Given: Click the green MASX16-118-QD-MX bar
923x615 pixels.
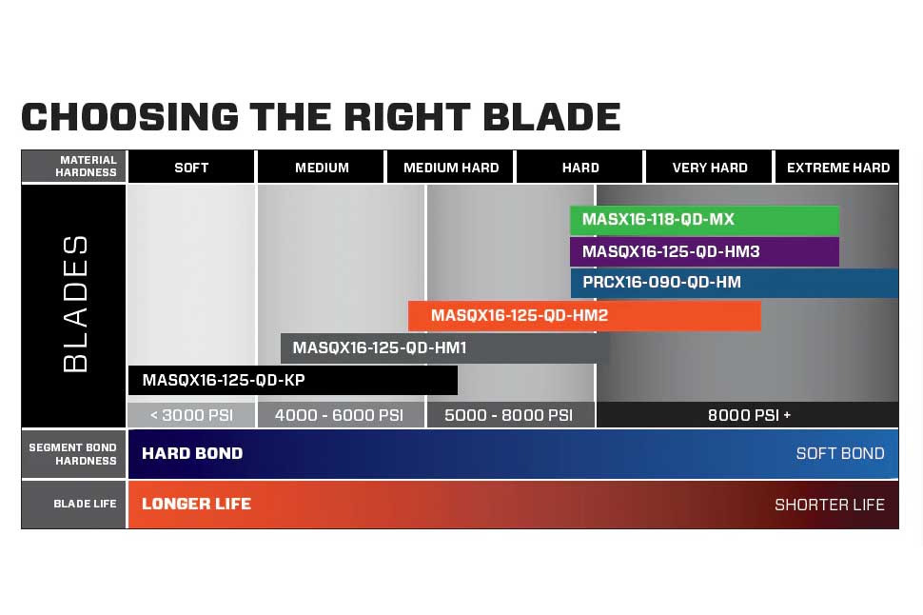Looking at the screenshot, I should pos(704,220).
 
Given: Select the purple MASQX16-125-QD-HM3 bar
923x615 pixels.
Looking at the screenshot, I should pos(704,252).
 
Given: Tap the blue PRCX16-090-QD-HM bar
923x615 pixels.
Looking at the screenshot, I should pos(734,283).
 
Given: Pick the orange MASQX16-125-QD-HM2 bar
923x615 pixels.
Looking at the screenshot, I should pos(584,316).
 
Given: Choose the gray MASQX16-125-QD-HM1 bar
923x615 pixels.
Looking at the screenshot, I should pos(445,348).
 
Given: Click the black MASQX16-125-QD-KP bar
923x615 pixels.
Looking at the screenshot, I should pos(293,380).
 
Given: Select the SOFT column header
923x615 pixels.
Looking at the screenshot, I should pos(191,168).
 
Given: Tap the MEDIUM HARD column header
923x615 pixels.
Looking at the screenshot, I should pos(451,168).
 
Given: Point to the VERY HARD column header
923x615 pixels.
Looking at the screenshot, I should pos(710,168).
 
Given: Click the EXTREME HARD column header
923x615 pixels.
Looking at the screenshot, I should pos(838,168).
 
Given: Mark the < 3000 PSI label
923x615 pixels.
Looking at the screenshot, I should pos(191,415).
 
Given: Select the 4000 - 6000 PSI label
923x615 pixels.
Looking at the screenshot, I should pos(340,415).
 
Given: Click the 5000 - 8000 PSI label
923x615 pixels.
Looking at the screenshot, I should pos(510,415).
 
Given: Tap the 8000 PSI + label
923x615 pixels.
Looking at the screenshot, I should pos(749,415).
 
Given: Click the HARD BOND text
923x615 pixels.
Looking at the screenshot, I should pos(192,453).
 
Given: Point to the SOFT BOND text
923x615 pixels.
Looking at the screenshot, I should pos(840,453).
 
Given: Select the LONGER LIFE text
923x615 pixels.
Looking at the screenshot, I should pos(196,504).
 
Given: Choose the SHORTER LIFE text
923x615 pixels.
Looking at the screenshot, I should pos(830,505).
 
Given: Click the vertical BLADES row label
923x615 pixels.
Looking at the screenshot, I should pos(74,305).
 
